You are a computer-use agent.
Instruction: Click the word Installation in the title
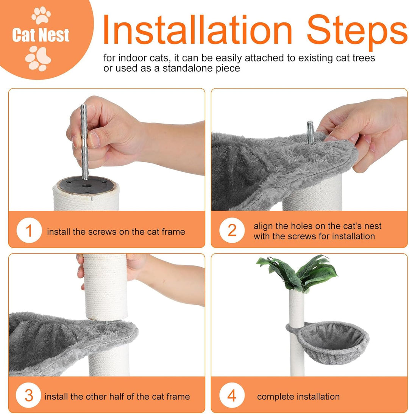click(x=197, y=29)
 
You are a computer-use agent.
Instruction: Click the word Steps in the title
click(x=357, y=31)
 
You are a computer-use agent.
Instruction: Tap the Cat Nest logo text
click(x=41, y=35)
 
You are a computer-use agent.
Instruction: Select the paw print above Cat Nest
click(x=41, y=15)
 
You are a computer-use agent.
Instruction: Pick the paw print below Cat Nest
click(x=38, y=58)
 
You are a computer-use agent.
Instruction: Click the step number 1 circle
click(x=29, y=231)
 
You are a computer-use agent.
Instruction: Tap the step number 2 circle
click(x=232, y=231)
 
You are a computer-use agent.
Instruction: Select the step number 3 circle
click(x=28, y=395)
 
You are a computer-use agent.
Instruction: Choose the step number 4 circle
click(x=232, y=395)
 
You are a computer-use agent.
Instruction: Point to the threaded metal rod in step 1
click(x=84, y=142)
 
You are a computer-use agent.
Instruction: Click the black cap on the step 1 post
click(x=86, y=185)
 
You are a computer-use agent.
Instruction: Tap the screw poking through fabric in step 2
click(x=310, y=132)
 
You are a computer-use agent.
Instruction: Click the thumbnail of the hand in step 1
click(x=94, y=140)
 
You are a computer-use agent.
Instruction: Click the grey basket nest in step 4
click(x=331, y=342)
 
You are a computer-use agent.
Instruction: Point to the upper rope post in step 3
click(x=105, y=287)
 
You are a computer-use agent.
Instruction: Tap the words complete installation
click(x=298, y=397)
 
